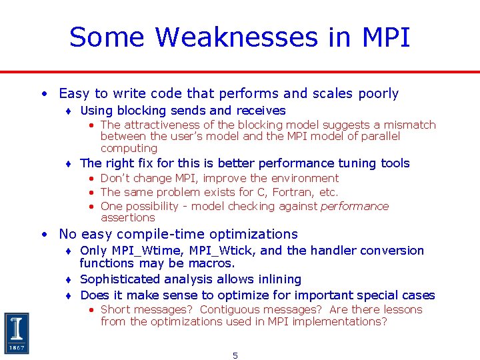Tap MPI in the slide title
point(386,37)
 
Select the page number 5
point(235,355)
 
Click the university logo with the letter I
point(17,333)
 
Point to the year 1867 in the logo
point(17,348)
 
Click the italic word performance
point(355,206)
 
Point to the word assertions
point(127,217)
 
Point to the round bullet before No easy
point(43,235)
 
